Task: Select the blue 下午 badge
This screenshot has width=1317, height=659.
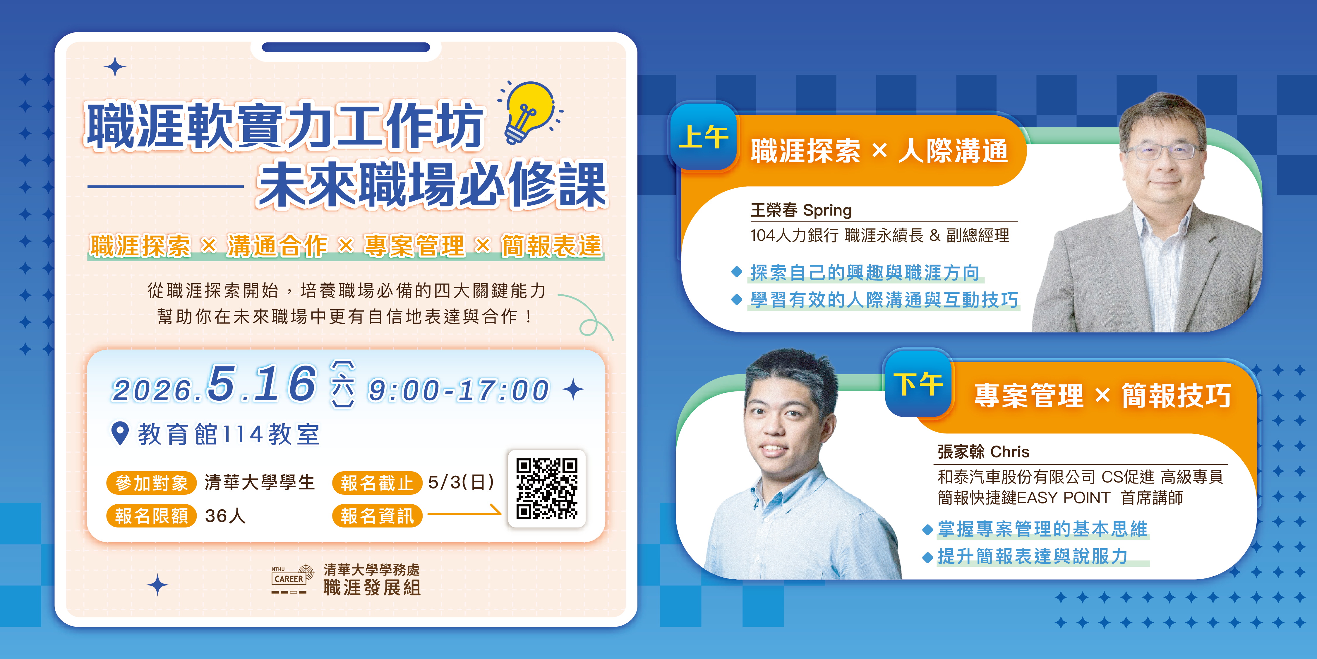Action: point(919,384)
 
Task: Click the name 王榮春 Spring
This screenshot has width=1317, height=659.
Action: point(801,210)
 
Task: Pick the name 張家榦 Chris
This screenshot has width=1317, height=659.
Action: point(983,451)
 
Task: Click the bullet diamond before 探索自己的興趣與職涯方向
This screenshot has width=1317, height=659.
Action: point(737,272)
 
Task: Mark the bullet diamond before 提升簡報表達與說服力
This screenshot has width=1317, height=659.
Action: point(927,557)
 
